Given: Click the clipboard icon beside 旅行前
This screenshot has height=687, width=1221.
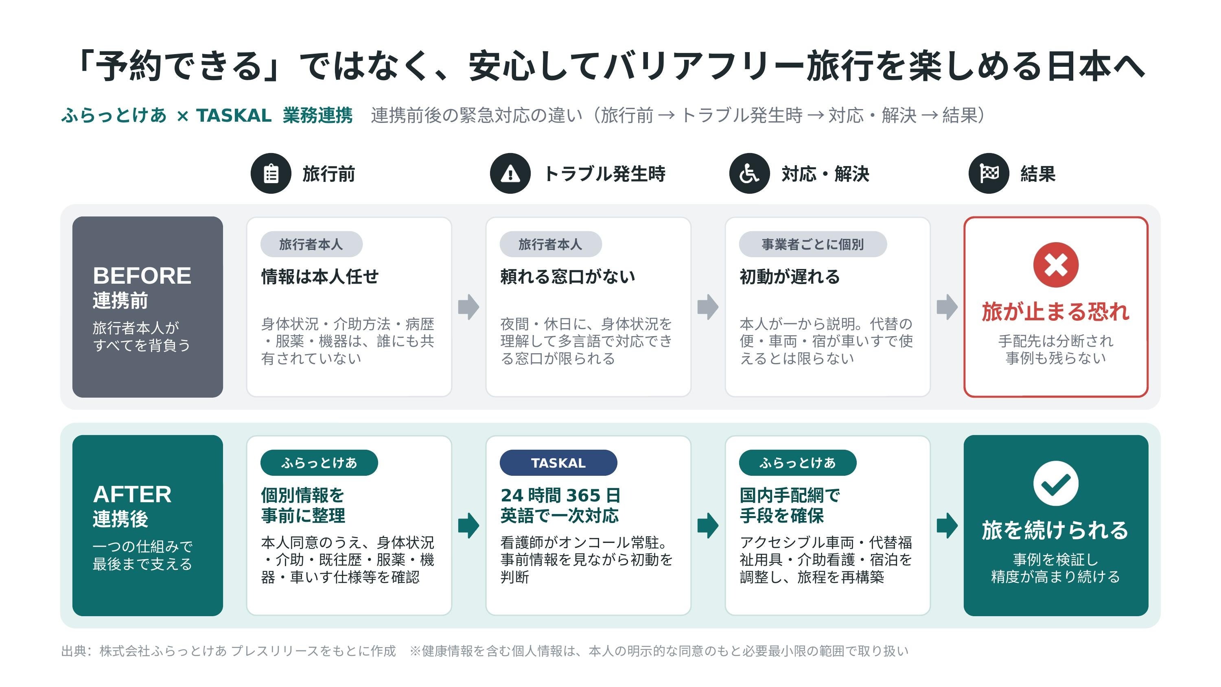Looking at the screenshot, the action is [271, 173].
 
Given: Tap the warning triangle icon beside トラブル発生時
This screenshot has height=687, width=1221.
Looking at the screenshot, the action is [510, 173].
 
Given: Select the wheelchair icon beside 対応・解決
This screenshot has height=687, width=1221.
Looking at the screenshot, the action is [749, 173].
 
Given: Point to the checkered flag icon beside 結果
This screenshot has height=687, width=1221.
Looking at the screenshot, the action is [989, 173].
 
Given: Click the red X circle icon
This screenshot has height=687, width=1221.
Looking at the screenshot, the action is [1056, 265].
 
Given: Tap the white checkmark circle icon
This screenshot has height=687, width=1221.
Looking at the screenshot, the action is [1056, 483].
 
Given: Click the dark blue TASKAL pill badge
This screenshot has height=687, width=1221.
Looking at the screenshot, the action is [558, 463].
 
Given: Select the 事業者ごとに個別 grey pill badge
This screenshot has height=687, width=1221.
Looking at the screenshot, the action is [812, 244].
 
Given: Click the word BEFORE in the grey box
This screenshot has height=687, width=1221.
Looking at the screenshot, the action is [142, 276].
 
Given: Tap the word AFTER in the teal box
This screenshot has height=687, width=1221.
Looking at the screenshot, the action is [132, 494].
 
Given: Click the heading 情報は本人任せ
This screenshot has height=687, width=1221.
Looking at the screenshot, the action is [320, 276].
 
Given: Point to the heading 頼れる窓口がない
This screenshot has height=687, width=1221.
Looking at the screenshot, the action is [568, 276].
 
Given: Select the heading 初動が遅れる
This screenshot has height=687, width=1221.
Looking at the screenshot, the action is [790, 276].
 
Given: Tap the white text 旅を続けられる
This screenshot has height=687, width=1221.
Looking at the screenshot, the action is [1056, 530].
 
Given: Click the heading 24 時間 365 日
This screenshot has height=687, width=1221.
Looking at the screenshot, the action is [561, 495].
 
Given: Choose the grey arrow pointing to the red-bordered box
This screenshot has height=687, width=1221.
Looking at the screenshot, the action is [947, 307].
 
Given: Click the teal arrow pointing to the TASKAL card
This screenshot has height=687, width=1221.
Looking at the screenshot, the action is [469, 526].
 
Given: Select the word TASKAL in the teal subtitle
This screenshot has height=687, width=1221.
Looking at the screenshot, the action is [234, 115].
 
